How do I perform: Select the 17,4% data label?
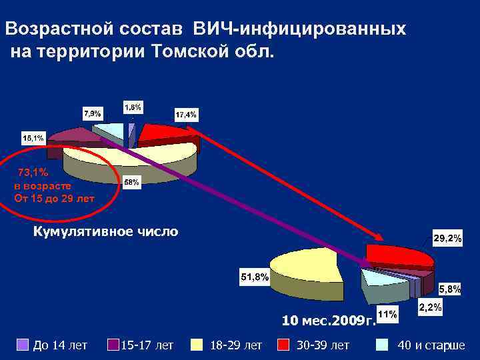(185, 115)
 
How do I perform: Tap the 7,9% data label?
(92, 113)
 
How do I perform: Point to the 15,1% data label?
(33, 138)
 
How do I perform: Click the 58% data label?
(131, 183)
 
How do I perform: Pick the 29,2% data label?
(448, 238)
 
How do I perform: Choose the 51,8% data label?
(254, 275)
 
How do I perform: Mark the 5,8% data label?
(449, 289)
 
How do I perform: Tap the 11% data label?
(388, 313)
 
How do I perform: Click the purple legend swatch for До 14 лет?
(21, 344)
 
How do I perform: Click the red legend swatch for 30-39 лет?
(283, 344)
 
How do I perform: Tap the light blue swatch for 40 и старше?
(382, 344)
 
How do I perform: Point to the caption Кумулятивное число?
(105, 232)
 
